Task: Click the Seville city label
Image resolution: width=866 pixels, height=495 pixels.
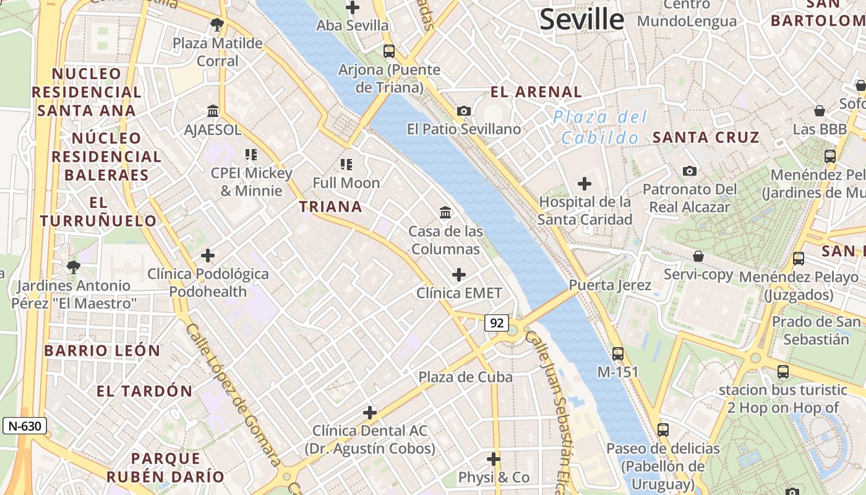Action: (x=582, y=19)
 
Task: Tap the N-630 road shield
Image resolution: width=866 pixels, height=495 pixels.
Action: (x=25, y=426)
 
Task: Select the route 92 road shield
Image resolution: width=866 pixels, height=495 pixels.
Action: (x=497, y=322)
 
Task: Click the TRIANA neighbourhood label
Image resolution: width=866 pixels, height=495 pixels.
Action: (x=331, y=207)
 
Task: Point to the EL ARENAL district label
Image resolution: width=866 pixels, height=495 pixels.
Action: (x=536, y=92)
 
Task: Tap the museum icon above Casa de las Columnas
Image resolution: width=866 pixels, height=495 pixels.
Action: (x=445, y=213)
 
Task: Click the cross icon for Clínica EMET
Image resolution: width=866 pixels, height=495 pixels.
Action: (x=459, y=274)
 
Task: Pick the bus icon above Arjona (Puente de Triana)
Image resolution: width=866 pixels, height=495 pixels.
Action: (x=389, y=51)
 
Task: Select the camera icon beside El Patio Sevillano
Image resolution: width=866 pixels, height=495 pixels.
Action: (x=464, y=111)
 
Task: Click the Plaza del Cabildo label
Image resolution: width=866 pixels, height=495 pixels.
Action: (x=600, y=127)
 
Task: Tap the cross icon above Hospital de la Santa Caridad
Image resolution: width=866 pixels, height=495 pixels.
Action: (x=585, y=184)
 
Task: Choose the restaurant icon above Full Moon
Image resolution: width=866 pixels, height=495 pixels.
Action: (x=346, y=165)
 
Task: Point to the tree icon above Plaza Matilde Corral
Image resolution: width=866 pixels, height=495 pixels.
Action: (x=216, y=25)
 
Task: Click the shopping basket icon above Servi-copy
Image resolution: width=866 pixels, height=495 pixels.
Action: (x=698, y=256)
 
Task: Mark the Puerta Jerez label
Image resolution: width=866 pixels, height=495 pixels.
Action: (x=610, y=285)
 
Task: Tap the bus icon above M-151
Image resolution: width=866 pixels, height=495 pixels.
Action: (x=618, y=354)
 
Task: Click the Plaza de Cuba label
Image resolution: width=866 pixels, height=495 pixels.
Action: (x=465, y=377)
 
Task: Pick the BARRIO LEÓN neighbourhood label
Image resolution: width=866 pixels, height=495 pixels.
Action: (x=102, y=351)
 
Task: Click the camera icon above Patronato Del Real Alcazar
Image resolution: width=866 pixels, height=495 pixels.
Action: (x=690, y=171)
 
